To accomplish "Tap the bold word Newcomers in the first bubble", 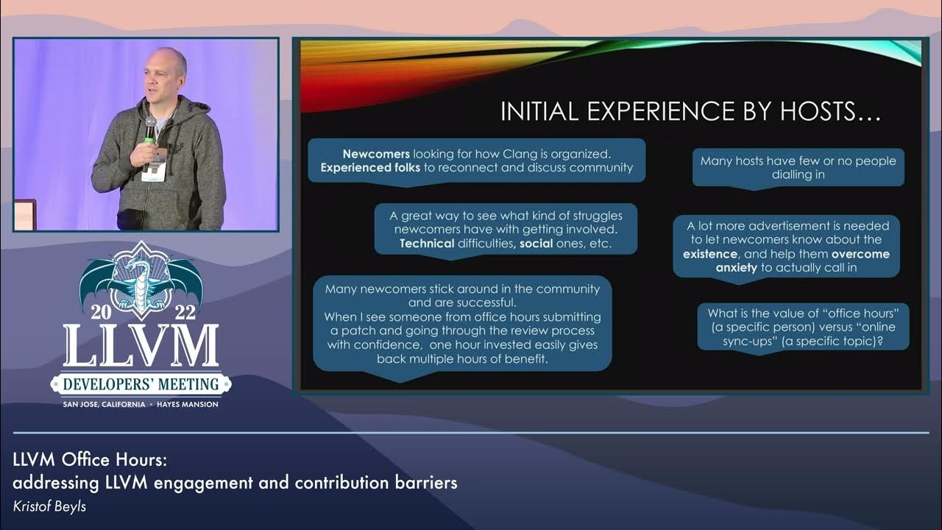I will click(376, 155).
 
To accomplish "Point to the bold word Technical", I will click(427, 244).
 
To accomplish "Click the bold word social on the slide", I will click(536, 244).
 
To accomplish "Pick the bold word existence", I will click(710, 254).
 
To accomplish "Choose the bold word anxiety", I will click(737, 268).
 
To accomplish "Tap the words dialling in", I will click(798, 174).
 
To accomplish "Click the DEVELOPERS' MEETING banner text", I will click(141, 384).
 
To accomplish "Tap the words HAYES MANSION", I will click(187, 404).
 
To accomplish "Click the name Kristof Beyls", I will click(49, 506).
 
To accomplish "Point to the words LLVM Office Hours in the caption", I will click(89, 460).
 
